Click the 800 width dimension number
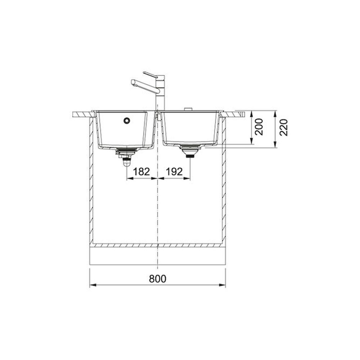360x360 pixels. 158,279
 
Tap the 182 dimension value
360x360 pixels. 141,171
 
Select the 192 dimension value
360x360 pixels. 174,171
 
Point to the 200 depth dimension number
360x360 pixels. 259,127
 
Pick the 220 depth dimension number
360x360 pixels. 284,127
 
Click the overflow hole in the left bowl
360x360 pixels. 127,120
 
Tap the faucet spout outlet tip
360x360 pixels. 132,82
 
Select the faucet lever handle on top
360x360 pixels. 150,75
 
